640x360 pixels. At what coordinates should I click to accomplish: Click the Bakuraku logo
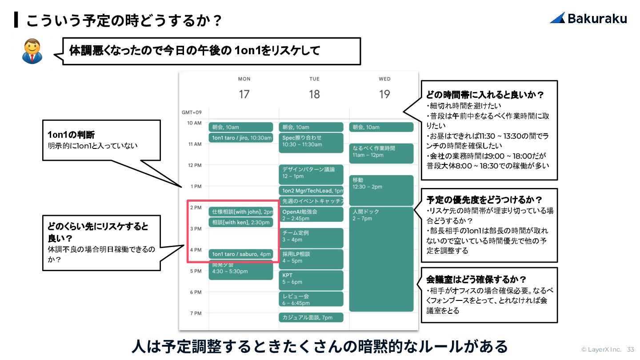(x=588, y=18)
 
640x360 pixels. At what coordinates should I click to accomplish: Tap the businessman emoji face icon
(x=32, y=50)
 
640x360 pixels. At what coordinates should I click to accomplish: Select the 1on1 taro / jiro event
(x=240, y=138)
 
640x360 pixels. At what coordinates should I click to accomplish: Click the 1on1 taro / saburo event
(x=240, y=254)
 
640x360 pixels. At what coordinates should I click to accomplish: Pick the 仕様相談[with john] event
(x=240, y=212)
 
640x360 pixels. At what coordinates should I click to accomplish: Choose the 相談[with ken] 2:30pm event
(x=240, y=222)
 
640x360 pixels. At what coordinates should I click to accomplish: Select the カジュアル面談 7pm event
(x=311, y=317)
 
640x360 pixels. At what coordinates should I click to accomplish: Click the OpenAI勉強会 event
(x=311, y=214)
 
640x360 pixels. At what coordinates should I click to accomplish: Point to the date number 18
(x=314, y=94)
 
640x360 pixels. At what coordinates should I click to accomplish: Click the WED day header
(x=384, y=79)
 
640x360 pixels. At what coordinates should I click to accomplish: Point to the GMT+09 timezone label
(x=192, y=112)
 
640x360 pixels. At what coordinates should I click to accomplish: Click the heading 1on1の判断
(x=71, y=135)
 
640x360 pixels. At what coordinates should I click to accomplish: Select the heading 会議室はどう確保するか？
(x=476, y=280)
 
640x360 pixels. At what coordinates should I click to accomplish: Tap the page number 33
(x=631, y=349)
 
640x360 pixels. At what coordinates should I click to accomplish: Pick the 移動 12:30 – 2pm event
(x=381, y=190)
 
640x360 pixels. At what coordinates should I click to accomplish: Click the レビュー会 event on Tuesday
(x=311, y=299)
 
